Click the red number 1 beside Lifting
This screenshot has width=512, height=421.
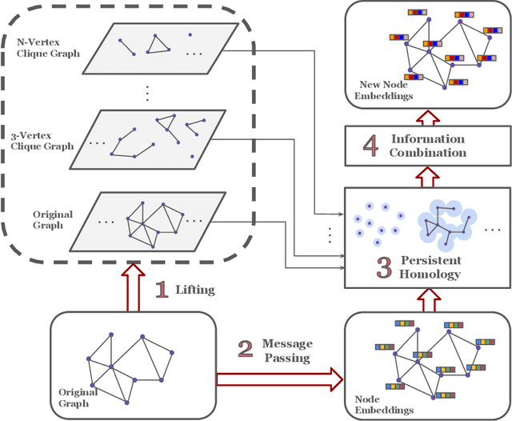(162, 289)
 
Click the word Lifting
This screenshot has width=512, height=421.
(195, 290)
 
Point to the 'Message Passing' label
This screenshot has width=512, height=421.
(287, 351)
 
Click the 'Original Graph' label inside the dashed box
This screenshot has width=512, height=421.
(53, 219)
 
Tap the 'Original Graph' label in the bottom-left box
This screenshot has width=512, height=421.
(78, 397)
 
